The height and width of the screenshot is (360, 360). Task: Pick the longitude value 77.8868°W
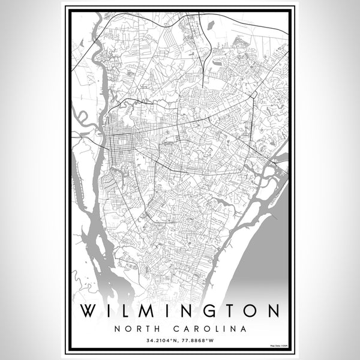click(201, 341)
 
